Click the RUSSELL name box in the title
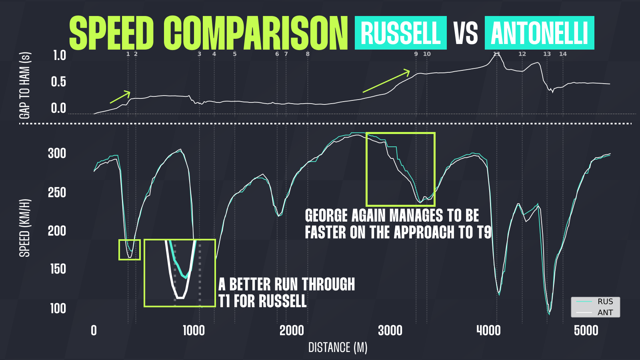point(400,33)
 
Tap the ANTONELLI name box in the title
point(539,33)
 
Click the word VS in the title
point(466,33)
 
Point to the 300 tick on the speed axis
point(57,154)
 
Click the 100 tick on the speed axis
point(58,308)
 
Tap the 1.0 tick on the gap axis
point(60,56)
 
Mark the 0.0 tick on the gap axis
point(58,108)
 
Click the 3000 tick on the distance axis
point(390,331)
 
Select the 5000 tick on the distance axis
point(586,331)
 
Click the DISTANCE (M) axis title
point(338,348)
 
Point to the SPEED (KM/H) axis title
point(25,228)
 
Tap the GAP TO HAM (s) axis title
point(25,86)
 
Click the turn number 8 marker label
point(308,54)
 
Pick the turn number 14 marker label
point(563,54)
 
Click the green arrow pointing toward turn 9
point(386,81)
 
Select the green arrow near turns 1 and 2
point(120,97)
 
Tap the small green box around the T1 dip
point(130,250)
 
